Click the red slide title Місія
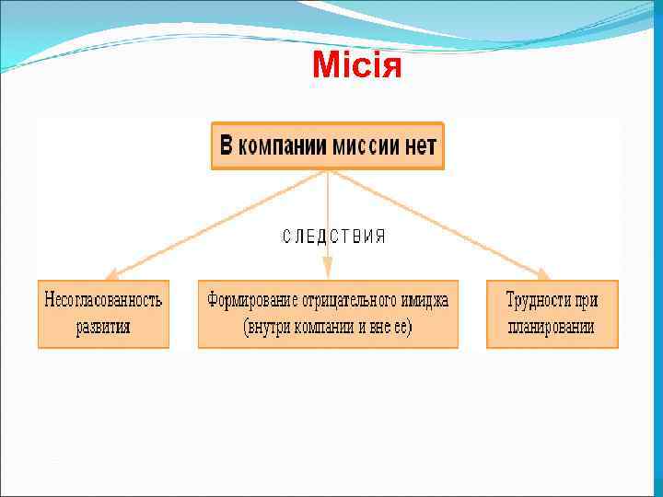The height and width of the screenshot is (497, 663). click(x=357, y=65)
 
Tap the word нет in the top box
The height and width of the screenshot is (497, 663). click(x=420, y=145)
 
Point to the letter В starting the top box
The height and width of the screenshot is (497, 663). click(x=227, y=145)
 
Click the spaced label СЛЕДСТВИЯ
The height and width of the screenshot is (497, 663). click(x=333, y=237)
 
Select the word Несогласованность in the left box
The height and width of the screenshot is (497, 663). click(x=103, y=300)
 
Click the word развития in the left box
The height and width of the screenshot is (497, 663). click(x=103, y=326)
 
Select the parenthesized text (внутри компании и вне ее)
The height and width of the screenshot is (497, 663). click(x=328, y=327)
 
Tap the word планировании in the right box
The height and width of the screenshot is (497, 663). click(x=552, y=326)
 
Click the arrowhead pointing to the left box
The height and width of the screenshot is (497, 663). click(x=110, y=273)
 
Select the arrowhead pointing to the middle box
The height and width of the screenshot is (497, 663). click(x=328, y=272)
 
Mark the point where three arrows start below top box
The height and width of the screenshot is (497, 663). click(x=328, y=171)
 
